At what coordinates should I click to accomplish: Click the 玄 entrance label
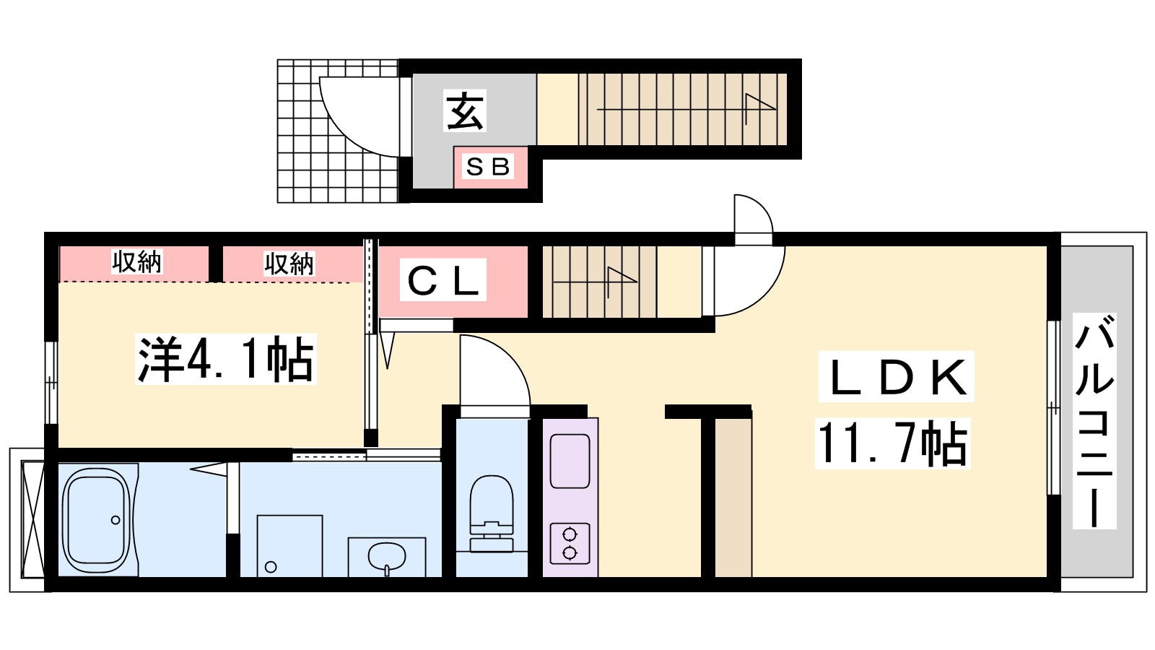[465, 111]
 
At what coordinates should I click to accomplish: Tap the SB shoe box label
[488, 166]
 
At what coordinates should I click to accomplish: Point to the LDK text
[896, 377]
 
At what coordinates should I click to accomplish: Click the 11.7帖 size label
[892, 443]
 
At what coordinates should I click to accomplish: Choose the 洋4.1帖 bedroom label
[225, 360]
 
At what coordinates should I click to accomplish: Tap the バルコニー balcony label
[1094, 421]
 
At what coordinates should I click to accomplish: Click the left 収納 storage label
[136, 262]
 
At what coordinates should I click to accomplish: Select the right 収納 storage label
[289, 264]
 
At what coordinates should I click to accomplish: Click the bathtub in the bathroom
[96, 519]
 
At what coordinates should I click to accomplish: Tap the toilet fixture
[492, 513]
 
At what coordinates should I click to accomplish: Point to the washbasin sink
[387, 557]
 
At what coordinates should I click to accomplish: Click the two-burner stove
[570, 543]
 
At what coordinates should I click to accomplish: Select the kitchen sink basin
[570, 461]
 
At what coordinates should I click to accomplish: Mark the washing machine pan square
[289, 546]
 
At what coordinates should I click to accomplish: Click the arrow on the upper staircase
[687, 109]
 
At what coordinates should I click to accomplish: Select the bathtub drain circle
[115, 520]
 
